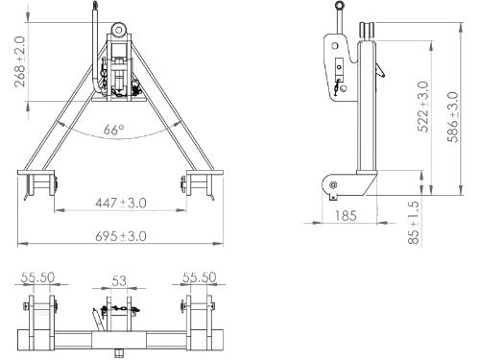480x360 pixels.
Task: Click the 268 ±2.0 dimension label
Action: (20, 61)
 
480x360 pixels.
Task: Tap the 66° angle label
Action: (113, 130)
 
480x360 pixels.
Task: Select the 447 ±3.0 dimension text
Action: (121, 203)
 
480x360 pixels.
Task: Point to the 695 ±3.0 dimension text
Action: (121, 236)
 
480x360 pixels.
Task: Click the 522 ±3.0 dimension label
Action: (423, 107)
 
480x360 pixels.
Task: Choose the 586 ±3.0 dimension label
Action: (453, 117)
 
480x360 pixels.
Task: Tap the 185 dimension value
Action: (346, 216)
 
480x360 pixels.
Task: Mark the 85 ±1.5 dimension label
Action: (414, 223)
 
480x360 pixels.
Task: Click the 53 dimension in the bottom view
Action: (119, 281)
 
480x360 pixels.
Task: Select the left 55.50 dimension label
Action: (37, 277)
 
